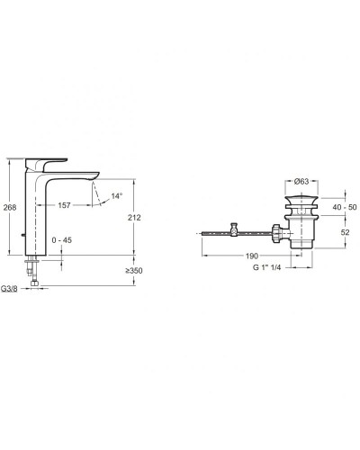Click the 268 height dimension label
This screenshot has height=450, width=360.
point(10,207)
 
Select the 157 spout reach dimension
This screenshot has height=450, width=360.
point(64,205)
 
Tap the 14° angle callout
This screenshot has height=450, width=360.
point(117,196)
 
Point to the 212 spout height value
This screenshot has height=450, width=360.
point(134,218)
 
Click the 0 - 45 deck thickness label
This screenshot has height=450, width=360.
point(62,240)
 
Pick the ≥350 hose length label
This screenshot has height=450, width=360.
point(134,271)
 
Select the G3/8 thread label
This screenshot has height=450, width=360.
point(9,289)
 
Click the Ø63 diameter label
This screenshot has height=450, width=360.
point(301,181)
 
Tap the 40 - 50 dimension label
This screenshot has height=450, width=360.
point(345,207)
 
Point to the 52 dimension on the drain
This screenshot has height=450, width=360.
point(346,232)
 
